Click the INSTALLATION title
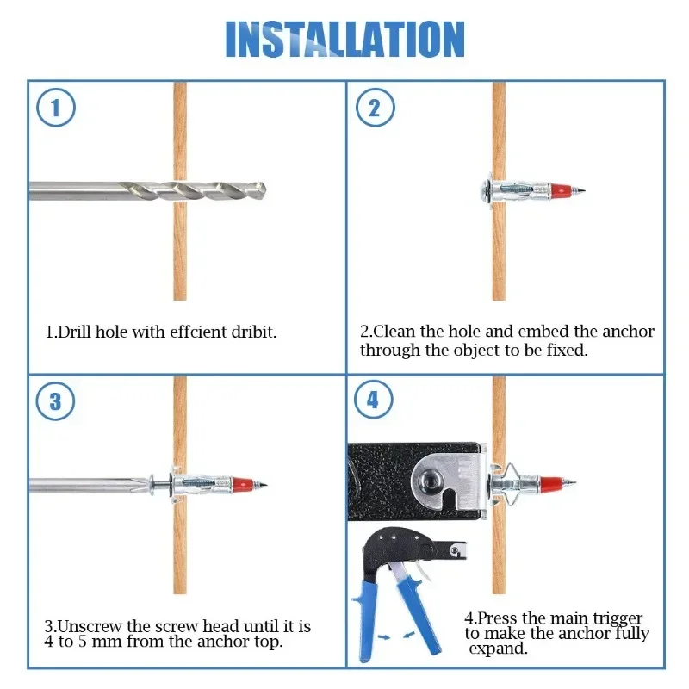[x=345, y=39]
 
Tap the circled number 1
[x=56, y=107]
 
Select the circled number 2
[x=375, y=107]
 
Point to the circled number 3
[x=55, y=401]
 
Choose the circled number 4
[x=374, y=400]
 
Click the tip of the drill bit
[x=264, y=191]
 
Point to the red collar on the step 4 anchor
[x=550, y=483]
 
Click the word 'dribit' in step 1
[x=253, y=332]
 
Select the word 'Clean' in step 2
[x=394, y=331]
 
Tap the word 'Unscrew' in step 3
[x=90, y=626]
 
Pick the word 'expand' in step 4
[x=497, y=649]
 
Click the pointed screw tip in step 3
[x=263, y=485]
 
